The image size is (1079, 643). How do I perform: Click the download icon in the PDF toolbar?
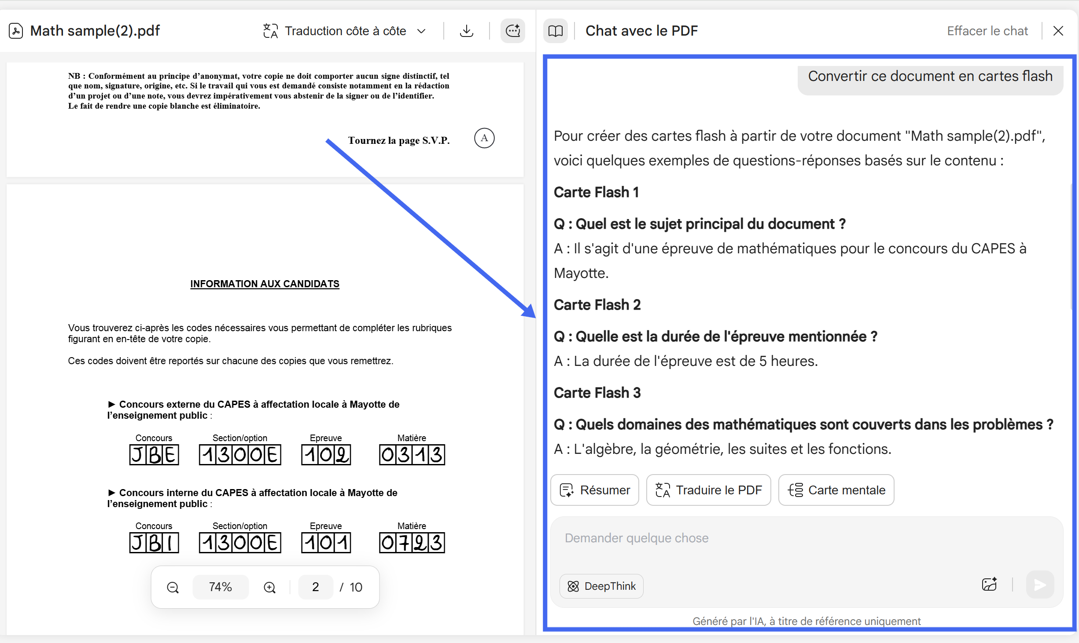click(466, 31)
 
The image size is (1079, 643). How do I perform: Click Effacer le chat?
click(987, 31)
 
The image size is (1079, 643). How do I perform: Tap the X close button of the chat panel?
click(1058, 31)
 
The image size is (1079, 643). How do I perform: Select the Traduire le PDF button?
click(708, 490)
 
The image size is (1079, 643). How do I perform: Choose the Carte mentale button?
click(836, 490)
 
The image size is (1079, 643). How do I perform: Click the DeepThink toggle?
click(601, 586)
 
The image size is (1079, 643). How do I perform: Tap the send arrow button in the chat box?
click(1039, 585)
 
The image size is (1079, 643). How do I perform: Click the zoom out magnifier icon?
click(173, 587)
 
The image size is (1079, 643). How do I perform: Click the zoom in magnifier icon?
click(269, 587)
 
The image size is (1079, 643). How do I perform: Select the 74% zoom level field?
click(220, 587)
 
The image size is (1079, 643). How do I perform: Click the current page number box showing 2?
click(315, 587)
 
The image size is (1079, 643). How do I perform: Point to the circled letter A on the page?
click(484, 138)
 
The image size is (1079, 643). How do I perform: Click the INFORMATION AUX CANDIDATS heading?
click(265, 284)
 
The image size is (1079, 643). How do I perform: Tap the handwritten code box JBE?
click(154, 455)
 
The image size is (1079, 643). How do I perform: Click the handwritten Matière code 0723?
click(412, 543)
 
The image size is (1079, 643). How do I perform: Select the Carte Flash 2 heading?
click(597, 305)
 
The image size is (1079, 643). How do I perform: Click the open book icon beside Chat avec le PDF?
click(555, 31)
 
